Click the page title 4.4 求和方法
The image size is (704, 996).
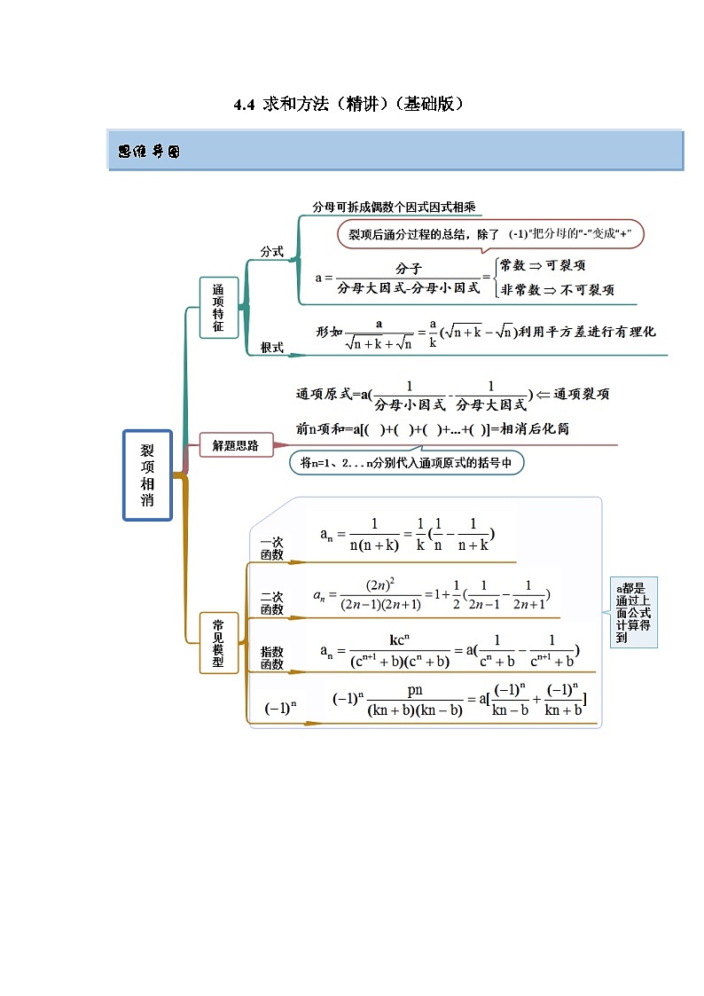point(348,105)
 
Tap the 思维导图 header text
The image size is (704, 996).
point(149,152)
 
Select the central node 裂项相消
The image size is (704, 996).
point(147,475)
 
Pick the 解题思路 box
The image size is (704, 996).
point(236,445)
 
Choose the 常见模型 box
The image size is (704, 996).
point(218,643)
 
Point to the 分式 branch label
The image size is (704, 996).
point(271,252)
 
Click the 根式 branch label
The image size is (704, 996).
point(271,349)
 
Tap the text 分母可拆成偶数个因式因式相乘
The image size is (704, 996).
point(394,208)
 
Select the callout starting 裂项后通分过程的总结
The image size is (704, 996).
point(489,234)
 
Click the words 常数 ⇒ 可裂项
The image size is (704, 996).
point(542,265)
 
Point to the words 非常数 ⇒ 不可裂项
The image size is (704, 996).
point(557,290)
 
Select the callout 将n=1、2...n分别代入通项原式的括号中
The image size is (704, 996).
point(406,462)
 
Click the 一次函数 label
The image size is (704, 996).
point(271,548)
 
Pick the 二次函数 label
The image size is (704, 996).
point(271,603)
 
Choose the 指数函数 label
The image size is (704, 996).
point(271,658)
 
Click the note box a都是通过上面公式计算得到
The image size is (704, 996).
point(634,612)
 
